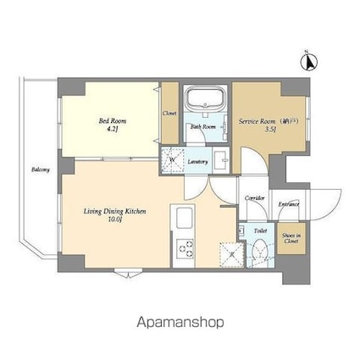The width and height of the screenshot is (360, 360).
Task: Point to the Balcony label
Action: (40, 170)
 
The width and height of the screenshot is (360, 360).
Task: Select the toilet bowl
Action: (261, 251)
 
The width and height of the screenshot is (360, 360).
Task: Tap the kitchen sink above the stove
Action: (183, 222)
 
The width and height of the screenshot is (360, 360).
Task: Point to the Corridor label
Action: (255, 198)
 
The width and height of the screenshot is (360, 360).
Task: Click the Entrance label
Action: (290, 204)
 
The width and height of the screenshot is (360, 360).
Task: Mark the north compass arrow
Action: (310, 61)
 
